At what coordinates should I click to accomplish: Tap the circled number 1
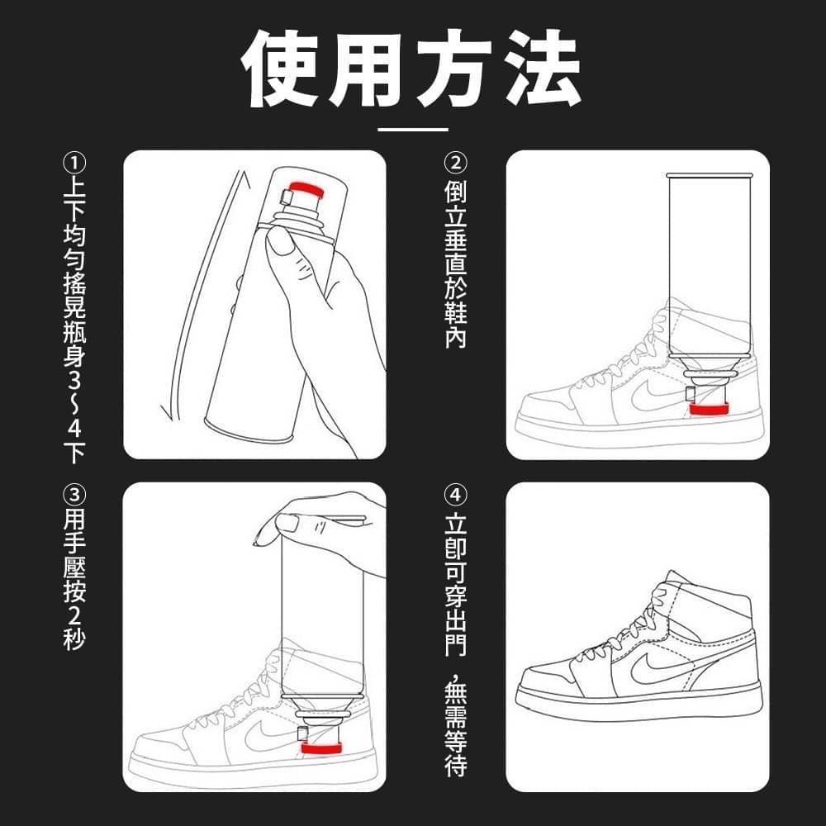point(74,162)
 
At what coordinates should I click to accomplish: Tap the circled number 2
point(455,162)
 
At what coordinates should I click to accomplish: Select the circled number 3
point(74,496)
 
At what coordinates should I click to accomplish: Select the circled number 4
point(455,496)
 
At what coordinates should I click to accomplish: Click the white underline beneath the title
point(413,129)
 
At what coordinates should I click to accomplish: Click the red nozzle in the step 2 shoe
point(709,410)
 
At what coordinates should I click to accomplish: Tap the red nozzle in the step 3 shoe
point(323,748)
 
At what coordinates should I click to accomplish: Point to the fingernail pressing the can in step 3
point(287,522)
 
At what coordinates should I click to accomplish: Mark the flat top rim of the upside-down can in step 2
point(710,175)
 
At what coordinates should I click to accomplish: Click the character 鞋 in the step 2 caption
point(455,311)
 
